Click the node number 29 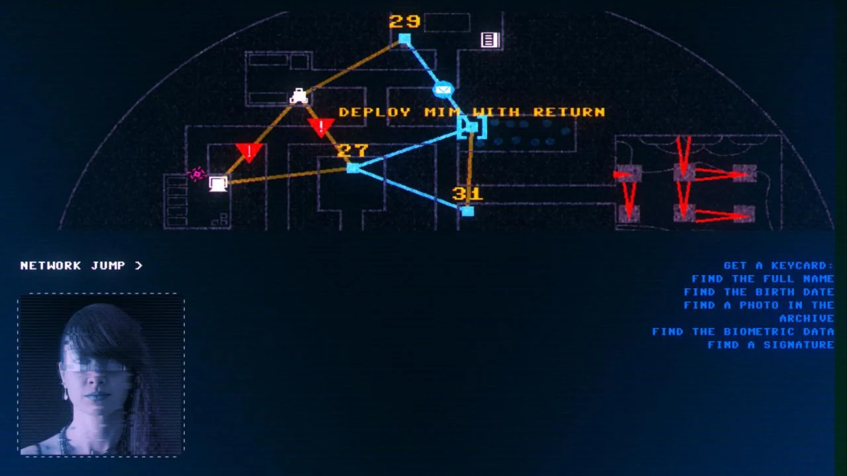point(404,21)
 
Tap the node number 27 point(352,151)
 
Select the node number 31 point(467,194)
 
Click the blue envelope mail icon point(443,89)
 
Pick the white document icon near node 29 point(490,40)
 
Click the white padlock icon point(299,96)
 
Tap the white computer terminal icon point(218,183)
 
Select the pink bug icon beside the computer point(197,174)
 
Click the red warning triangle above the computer point(249,152)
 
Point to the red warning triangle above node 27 point(321,126)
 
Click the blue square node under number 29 point(404,40)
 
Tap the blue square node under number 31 point(468,211)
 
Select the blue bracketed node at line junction point(471,127)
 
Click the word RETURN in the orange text point(569,112)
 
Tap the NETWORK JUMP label point(81,266)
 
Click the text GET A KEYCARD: point(778,266)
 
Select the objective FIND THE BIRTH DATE point(758,292)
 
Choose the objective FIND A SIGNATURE point(770,345)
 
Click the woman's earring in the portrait point(66,394)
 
